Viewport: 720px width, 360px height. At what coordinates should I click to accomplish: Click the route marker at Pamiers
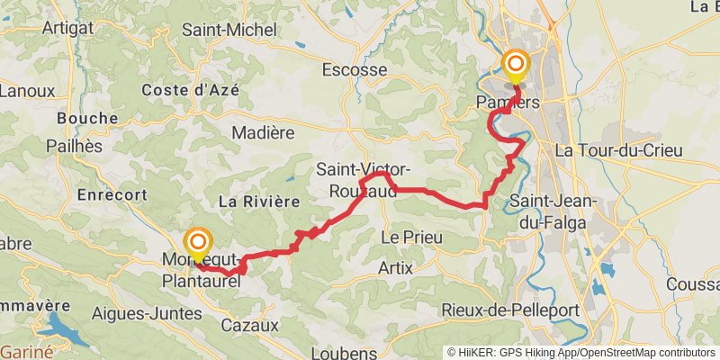click(516, 64)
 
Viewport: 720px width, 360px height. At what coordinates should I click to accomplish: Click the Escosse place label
click(355, 69)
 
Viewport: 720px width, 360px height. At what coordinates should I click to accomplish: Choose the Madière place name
click(264, 132)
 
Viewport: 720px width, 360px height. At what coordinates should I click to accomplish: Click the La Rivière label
click(258, 202)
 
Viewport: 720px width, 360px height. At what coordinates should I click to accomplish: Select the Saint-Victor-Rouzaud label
click(364, 180)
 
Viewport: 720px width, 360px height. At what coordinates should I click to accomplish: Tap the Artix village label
click(395, 267)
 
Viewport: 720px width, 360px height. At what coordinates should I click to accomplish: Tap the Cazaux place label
click(247, 324)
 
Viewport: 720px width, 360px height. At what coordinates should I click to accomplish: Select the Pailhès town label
click(71, 146)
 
